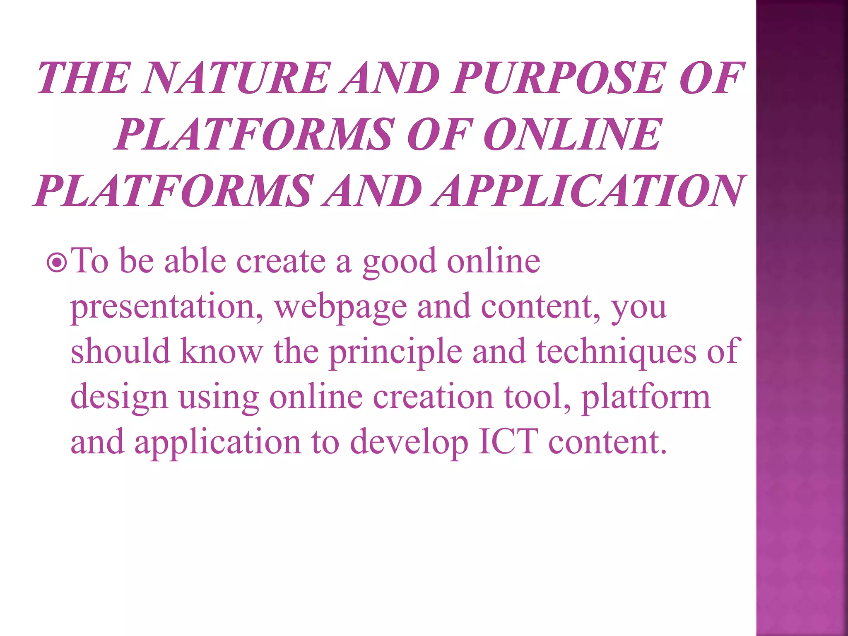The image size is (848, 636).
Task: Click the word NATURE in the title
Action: pos(236,78)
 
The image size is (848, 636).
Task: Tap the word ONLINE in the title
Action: pos(573,134)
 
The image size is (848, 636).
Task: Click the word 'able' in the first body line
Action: pos(195,262)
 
